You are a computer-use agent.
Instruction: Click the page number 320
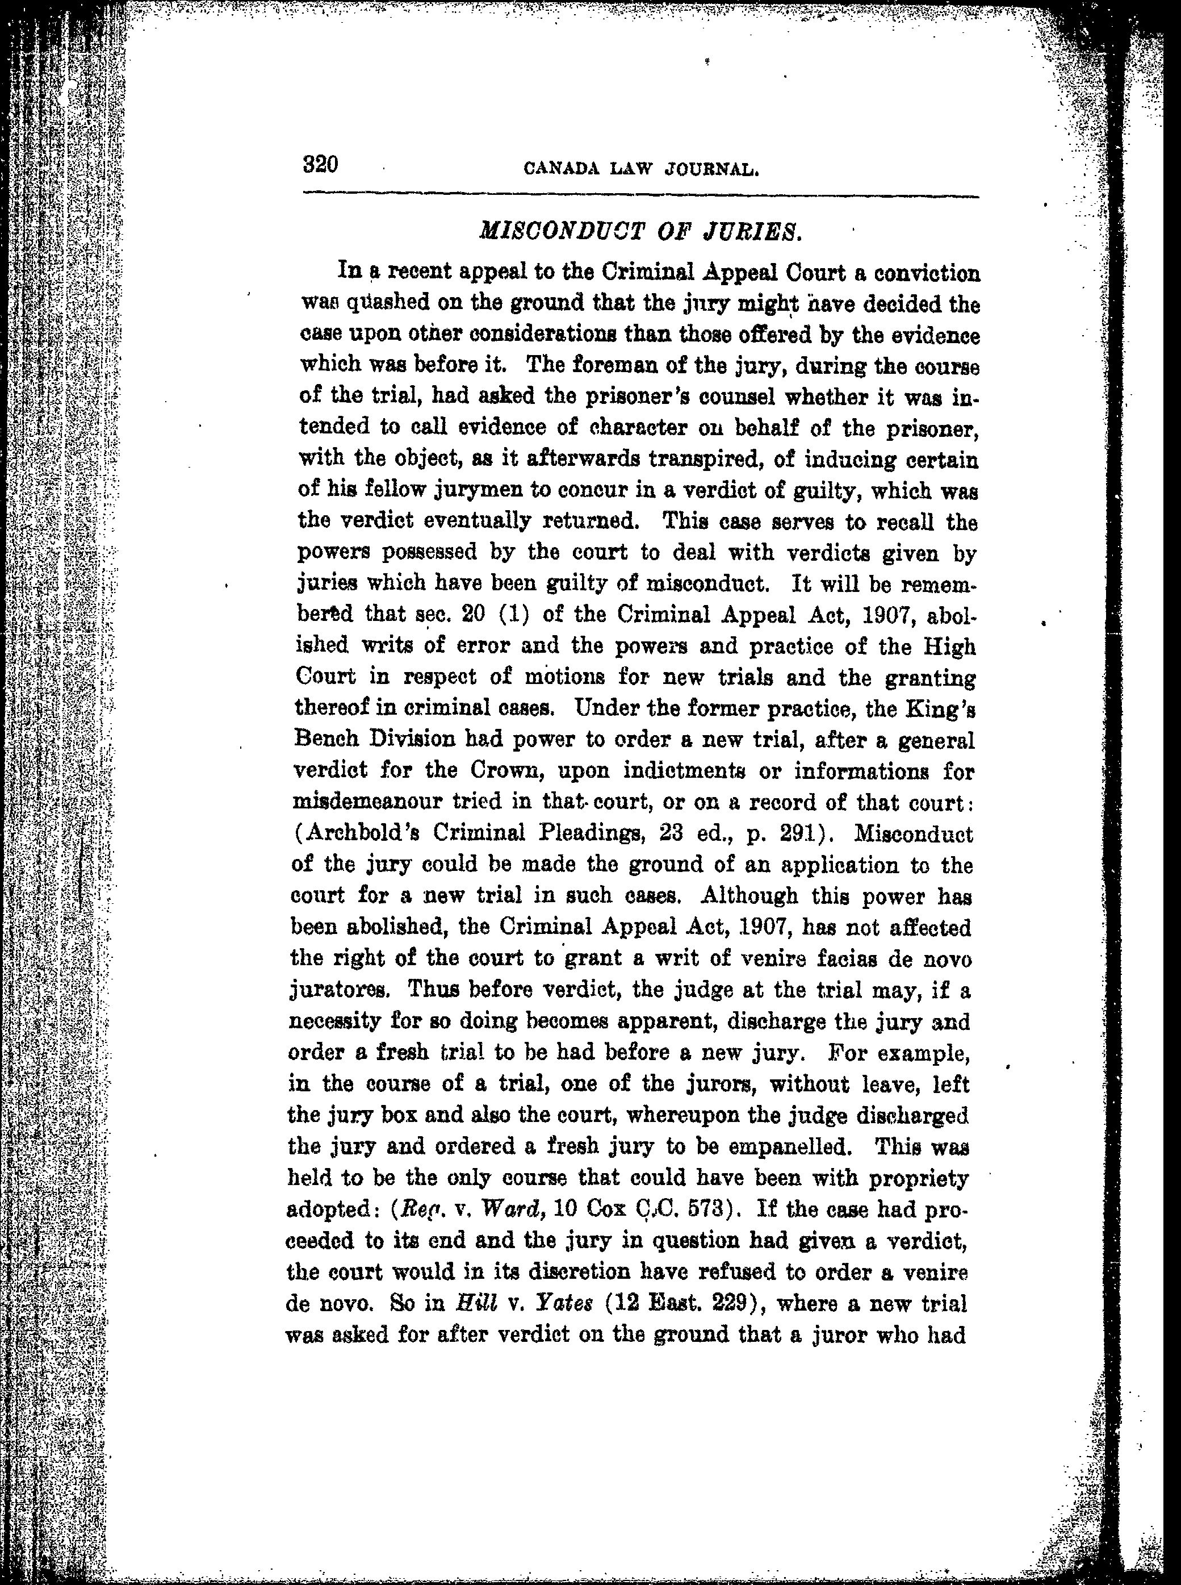tap(320, 165)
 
